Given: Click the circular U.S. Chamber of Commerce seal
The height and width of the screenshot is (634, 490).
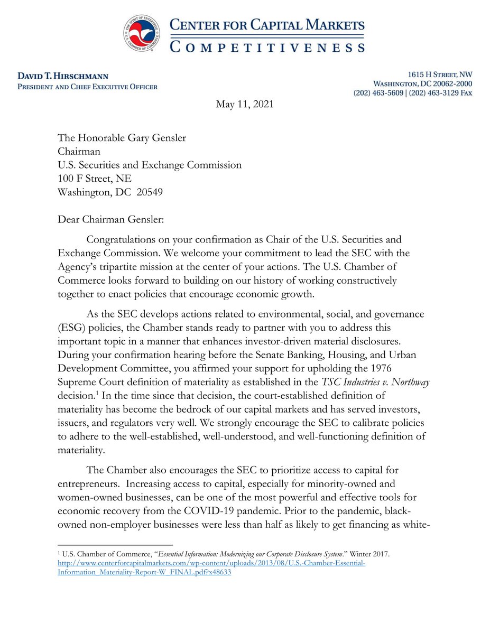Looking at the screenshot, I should (144, 33).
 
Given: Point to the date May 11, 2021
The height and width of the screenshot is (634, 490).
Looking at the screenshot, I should (245, 105).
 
